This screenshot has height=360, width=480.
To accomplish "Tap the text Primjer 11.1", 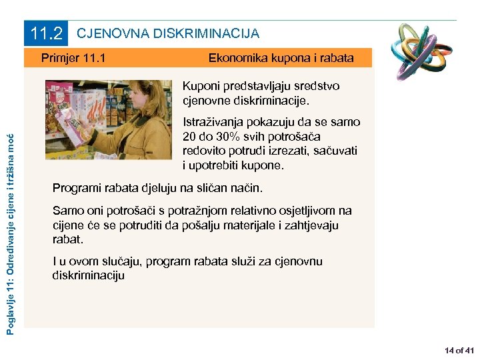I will (73, 58).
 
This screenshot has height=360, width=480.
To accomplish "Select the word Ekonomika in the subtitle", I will (237, 58).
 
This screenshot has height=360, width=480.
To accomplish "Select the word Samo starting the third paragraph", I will (67, 211).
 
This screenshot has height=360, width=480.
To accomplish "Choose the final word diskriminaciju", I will (88, 275).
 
